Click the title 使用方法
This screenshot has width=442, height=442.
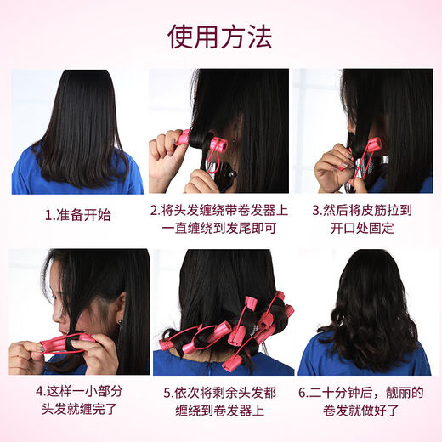tap(220, 37)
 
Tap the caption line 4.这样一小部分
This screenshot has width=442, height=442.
tap(79, 394)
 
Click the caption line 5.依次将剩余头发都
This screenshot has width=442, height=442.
tap(220, 394)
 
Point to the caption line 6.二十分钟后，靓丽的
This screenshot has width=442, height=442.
tap(364, 394)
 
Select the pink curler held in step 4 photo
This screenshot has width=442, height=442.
tap(67, 343)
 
